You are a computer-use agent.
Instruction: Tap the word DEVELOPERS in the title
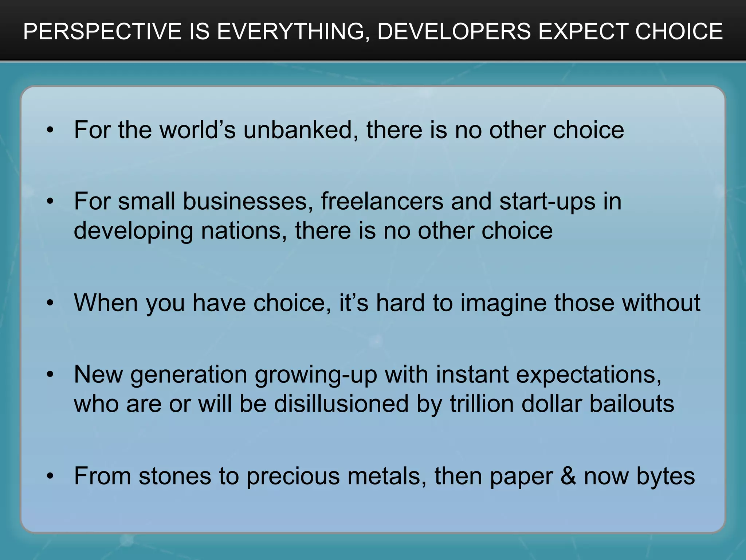(x=454, y=31)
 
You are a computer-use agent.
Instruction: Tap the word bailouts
(x=632, y=404)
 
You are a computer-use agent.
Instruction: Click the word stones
(x=175, y=476)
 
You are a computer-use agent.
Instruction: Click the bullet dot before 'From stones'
(x=50, y=476)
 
